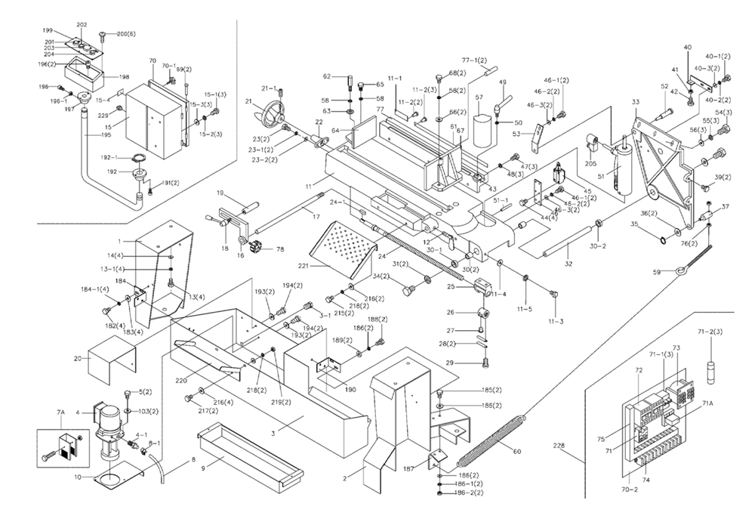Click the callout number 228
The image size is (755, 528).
tap(558, 446)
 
